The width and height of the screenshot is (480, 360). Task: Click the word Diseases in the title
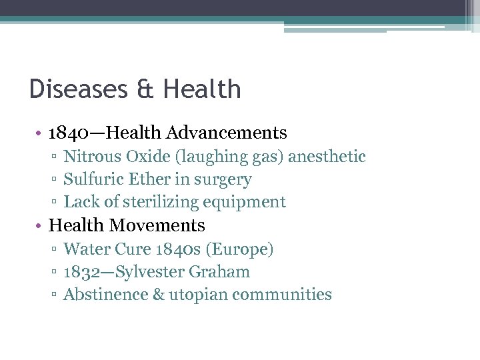click(76, 89)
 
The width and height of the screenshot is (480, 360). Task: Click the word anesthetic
click(327, 157)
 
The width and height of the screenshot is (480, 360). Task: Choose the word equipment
click(247, 202)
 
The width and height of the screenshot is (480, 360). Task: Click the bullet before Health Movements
click(41, 226)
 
